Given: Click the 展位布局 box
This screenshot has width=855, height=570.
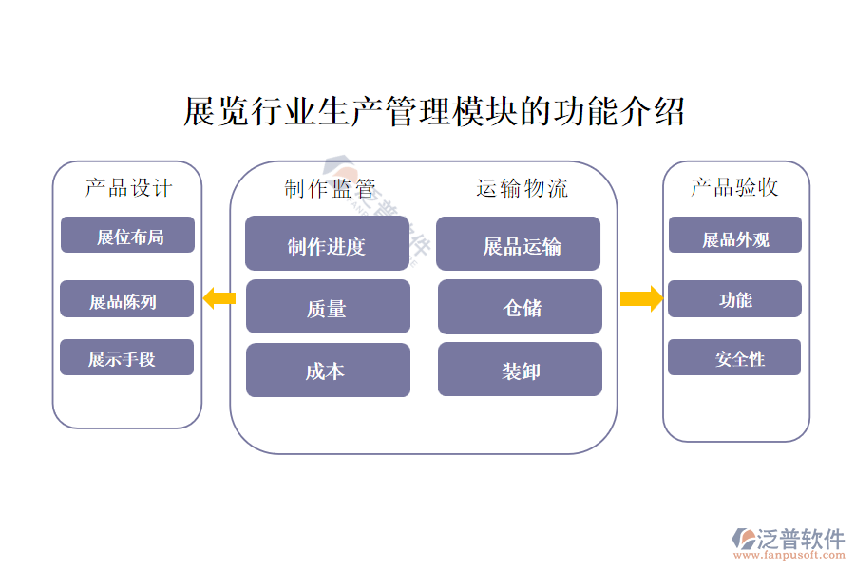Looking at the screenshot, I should [x=127, y=236].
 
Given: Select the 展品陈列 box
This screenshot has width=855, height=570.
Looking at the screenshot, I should [x=126, y=299].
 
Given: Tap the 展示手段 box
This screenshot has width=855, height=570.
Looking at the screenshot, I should [x=126, y=357].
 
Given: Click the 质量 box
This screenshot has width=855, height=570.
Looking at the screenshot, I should [x=328, y=307].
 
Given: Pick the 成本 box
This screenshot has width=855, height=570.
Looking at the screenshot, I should [x=328, y=370].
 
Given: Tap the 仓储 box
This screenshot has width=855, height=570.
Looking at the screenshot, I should [x=520, y=307].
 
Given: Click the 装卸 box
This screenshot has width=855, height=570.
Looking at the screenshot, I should [x=520, y=370].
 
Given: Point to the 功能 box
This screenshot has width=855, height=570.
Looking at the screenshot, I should [x=734, y=299].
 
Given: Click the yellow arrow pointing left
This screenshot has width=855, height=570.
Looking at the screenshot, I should [x=218, y=298].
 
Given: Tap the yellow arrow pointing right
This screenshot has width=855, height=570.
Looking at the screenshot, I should [x=641, y=298].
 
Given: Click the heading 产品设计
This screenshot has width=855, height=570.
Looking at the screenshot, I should [x=128, y=187].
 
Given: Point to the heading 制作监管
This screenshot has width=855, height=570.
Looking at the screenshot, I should [x=329, y=188].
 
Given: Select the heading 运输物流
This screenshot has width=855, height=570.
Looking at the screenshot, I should [x=522, y=188].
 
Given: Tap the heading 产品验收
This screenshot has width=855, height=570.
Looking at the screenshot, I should [x=734, y=187].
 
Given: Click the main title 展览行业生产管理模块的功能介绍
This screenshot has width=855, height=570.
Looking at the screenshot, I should [x=433, y=112].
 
